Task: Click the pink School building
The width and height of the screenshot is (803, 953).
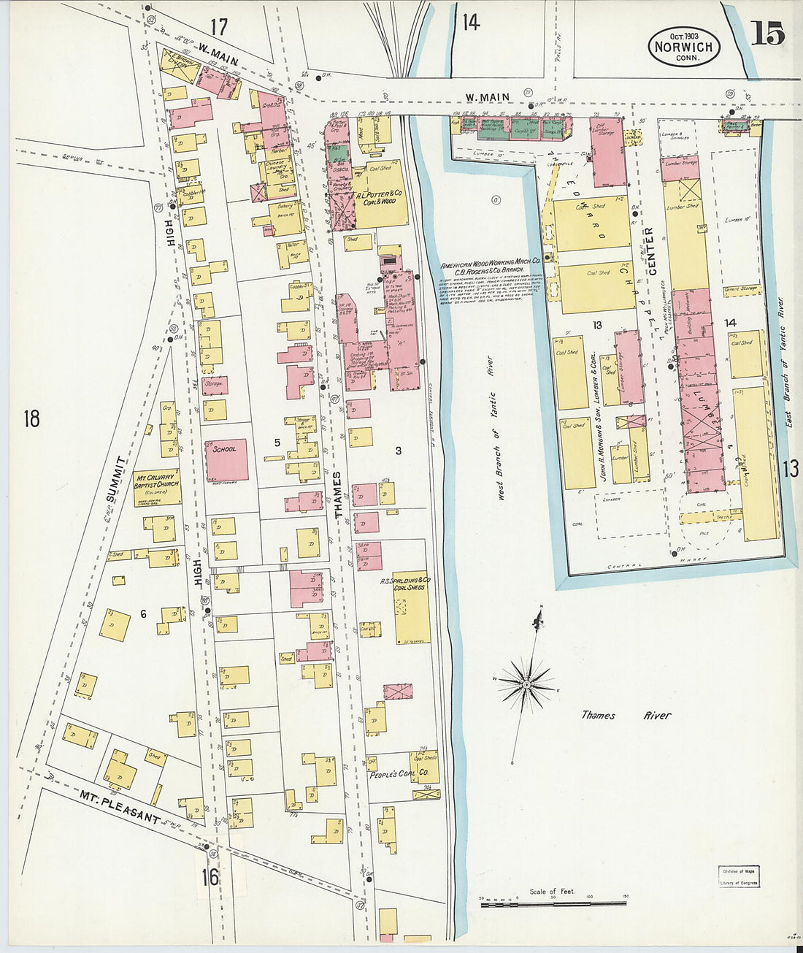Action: tap(226, 460)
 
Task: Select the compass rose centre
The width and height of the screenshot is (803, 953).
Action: tap(525, 684)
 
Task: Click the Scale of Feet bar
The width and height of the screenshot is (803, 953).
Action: tap(553, 904)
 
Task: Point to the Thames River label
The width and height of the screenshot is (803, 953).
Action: tap(626, 716)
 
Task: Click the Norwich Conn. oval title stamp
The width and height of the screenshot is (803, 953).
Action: tap(684, 46)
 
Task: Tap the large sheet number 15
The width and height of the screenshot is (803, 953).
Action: tap(766, 34)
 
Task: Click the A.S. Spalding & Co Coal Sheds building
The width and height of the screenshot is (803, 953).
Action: tap(412, 607)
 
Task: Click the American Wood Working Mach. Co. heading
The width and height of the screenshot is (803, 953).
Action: tap(490, 261)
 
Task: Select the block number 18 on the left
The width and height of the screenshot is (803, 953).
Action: tap(31, 419)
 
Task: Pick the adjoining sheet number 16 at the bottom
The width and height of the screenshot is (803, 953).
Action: tap(210, 876)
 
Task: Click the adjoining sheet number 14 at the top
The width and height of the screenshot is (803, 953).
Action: tap(471, 23)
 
